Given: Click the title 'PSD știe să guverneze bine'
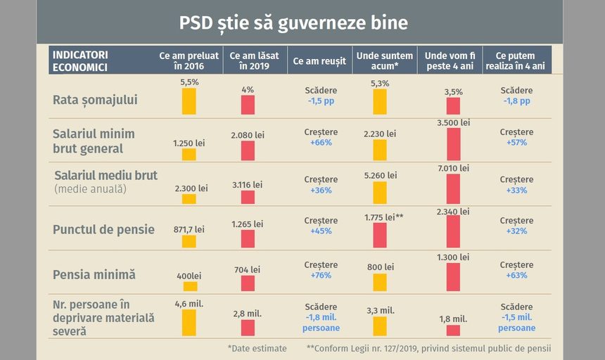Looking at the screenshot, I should [293, 22].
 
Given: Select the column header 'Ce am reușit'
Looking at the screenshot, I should [321, 61].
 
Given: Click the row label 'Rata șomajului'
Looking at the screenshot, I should [95, 100].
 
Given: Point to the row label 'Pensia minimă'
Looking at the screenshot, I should [94, 274].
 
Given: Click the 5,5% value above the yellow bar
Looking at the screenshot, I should [189, 82].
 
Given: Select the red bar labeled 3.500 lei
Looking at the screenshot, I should [453, 144].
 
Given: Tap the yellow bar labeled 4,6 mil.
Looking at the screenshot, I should [189, 323].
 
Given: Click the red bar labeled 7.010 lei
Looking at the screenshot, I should [453, 188].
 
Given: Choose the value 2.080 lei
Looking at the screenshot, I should [248, 134].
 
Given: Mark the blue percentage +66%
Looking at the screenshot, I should [321, 143].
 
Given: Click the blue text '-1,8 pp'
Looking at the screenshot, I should [517, 101].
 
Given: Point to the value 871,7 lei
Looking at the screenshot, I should [189, 229].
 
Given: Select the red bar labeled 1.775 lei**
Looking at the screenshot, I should [380, 236].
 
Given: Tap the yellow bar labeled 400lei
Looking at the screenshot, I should [190, 286].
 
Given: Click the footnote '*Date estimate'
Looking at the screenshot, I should [257, 348].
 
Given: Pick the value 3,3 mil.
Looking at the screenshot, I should [380, 309].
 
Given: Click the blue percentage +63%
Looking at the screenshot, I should [517, 276].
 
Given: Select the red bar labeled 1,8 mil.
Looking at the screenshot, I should [453, 330].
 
